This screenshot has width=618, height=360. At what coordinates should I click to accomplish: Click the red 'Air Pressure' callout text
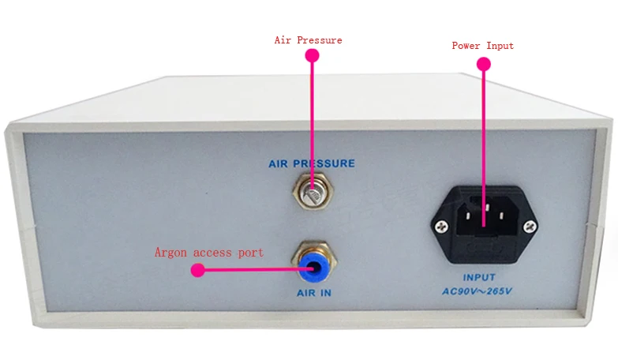click(309, 40)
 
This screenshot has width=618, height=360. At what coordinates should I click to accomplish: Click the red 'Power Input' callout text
click(483, 46)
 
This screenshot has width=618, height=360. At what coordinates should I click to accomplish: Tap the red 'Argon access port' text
click(209, 253)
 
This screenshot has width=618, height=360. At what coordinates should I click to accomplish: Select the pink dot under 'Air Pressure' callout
click(312, 55)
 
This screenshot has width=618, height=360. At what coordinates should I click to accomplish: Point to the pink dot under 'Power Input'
click(484, 64)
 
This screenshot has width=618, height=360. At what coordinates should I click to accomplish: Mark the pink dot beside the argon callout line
click(197, 270)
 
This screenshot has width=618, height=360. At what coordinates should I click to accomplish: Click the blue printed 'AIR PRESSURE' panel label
click(312, 163)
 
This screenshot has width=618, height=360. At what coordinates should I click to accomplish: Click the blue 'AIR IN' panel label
click(314, 293)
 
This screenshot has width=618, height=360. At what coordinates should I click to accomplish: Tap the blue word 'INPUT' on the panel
click(479, 278)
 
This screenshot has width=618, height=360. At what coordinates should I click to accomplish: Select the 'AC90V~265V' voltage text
click(477, 291)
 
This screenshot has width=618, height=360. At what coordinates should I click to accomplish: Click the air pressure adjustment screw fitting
click(313, 192)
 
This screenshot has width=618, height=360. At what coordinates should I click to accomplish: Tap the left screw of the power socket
click(441, 227)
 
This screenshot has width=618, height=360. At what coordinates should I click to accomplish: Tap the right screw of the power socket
click(530, 227)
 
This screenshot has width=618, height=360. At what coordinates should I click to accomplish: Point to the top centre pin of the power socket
click(487, 207)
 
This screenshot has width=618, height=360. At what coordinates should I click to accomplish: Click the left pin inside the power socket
click(468, 216)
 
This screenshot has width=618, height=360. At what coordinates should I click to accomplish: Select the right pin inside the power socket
click(502, 216)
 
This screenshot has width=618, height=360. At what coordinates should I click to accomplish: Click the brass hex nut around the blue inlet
click(314, 261)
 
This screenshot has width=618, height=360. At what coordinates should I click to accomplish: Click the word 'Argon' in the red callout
click(170, 253)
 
